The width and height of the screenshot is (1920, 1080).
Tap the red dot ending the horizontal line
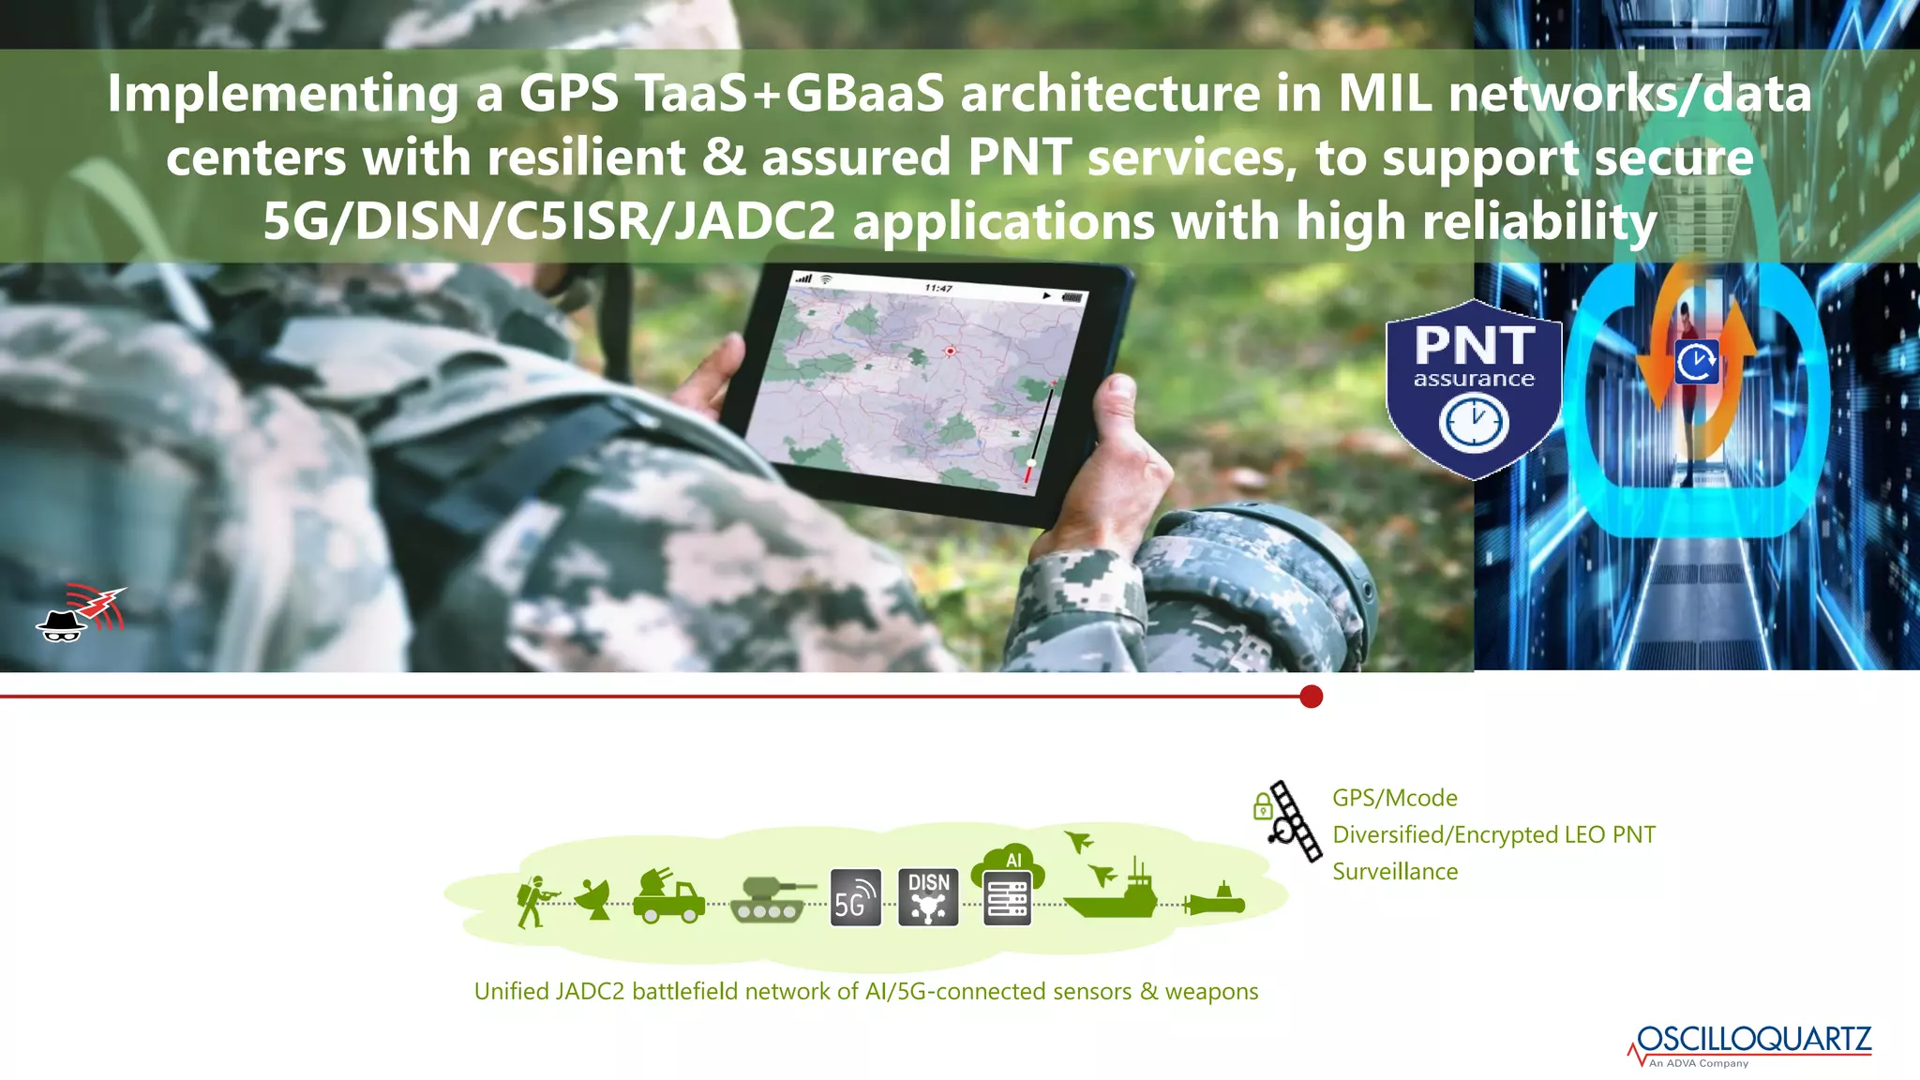click(1312, 697)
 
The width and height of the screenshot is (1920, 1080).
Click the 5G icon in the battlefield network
click(856, 898)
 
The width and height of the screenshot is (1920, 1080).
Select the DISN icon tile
click(928, 898)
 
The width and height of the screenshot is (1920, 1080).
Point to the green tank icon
click(771, 900)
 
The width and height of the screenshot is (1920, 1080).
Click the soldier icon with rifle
click(534, 901)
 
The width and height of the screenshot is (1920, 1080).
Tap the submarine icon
click(1215, 902)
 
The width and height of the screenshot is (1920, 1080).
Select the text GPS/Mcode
click(1395, 798)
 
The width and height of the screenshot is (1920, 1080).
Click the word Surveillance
click(1395, 872)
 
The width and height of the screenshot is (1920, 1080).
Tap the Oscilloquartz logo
click(1750, 1044)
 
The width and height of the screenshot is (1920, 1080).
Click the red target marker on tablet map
click(950, 351)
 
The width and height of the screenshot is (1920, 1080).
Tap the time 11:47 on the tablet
click(937, 288)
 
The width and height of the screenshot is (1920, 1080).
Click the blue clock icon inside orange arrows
click(1697, 362)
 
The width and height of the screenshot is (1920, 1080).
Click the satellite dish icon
click(593, 899)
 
